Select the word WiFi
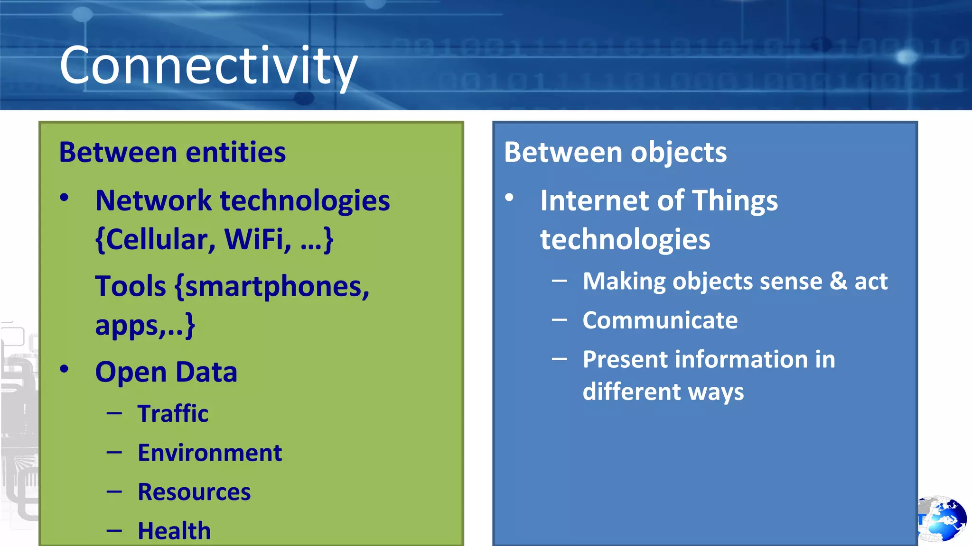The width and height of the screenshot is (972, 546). [256, 239]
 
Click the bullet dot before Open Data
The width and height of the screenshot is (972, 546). [65, 369]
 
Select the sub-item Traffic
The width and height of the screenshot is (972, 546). [173, 413]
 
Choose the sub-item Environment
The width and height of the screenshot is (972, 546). [210, 453]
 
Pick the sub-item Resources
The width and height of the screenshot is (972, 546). [194, 492]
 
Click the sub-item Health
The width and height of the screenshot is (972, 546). [174, 531]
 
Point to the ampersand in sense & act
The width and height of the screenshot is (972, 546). [838, 281]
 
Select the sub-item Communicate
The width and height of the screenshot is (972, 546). [660, 320]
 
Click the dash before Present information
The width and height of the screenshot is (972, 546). [560, 359]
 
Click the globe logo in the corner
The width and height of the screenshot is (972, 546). [942, 519]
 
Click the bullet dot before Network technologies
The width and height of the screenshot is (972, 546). [65, 198]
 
